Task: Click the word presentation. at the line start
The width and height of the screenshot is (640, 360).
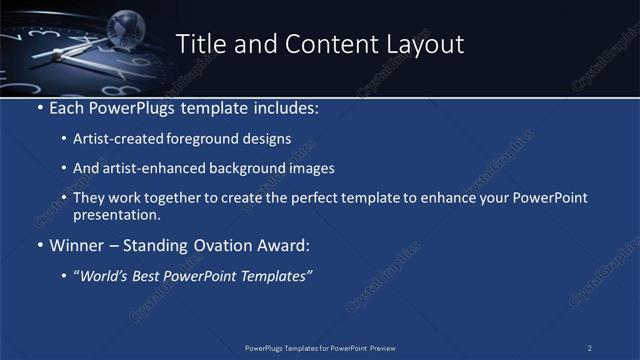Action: [117, 215]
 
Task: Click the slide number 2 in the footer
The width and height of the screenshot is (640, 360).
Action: [590, 348]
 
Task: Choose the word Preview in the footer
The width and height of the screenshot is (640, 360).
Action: [383, 348]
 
